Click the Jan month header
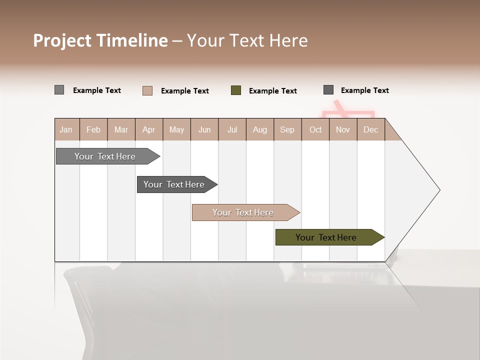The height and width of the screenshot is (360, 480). [66, 129]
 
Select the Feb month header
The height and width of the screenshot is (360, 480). [93, 129]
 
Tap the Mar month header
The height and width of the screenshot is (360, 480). [121, 129]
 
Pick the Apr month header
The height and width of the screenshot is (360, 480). [148, 129]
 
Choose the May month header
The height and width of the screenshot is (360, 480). [176, 129]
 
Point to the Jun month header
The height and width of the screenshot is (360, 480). [204, 129]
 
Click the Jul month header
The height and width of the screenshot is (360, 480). [232, 129]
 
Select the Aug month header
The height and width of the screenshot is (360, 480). [259, 129]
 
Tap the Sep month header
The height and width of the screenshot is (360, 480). [287, 129]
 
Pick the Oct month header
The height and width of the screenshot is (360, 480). [315, 129]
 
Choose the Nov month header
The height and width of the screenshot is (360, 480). [342, 129]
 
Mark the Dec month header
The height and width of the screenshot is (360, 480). [370, 129]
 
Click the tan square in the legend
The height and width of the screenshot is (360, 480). [147, 90]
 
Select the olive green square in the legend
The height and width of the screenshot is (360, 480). [236, 90]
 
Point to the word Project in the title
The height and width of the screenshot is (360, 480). [62, 40]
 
